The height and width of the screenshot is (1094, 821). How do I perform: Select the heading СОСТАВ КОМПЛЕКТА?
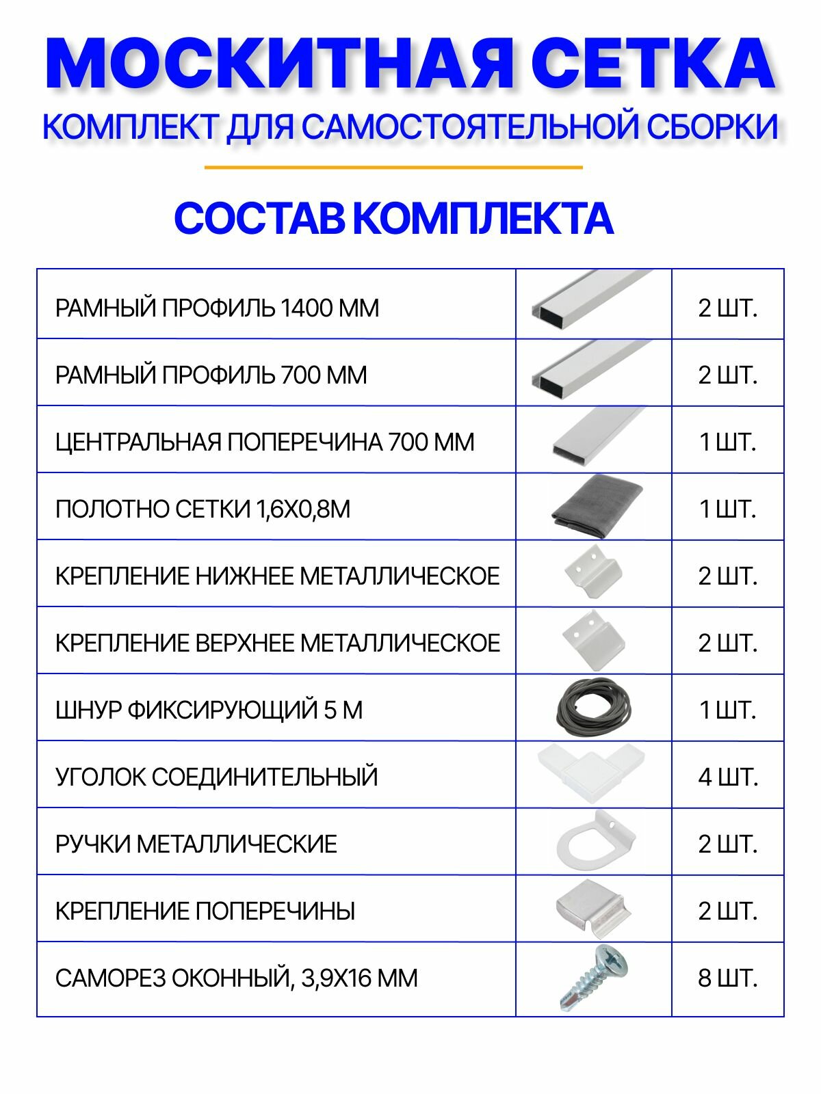pos(393,219)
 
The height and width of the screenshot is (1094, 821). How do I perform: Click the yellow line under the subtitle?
pos(393,167)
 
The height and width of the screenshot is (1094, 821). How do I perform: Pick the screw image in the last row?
pos(593,978)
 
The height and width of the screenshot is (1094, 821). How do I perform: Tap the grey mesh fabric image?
pos(596,507)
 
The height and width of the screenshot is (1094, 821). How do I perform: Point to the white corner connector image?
pos(591,774)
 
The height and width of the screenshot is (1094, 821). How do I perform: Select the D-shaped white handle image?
pos(593,841)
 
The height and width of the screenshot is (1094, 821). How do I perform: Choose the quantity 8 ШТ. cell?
pos(728,978)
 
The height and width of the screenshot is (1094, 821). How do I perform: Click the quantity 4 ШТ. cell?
pos(728,777)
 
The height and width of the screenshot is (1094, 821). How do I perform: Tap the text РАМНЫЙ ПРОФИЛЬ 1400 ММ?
pos(217,308)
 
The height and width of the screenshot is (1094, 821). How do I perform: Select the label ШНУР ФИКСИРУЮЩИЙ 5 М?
pos(209,710)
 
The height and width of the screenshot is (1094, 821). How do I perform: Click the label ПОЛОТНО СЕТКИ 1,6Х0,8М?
pos(203,509)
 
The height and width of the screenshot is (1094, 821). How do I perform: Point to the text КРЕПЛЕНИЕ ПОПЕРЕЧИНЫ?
pos(205,911)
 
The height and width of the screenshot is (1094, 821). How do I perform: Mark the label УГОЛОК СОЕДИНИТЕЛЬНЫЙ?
pos(216,777)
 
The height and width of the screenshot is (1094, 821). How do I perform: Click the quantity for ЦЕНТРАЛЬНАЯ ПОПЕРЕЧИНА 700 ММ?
pos(728,442)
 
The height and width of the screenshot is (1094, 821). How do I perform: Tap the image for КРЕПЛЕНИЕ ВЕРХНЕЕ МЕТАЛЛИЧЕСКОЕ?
pos(593,640)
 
